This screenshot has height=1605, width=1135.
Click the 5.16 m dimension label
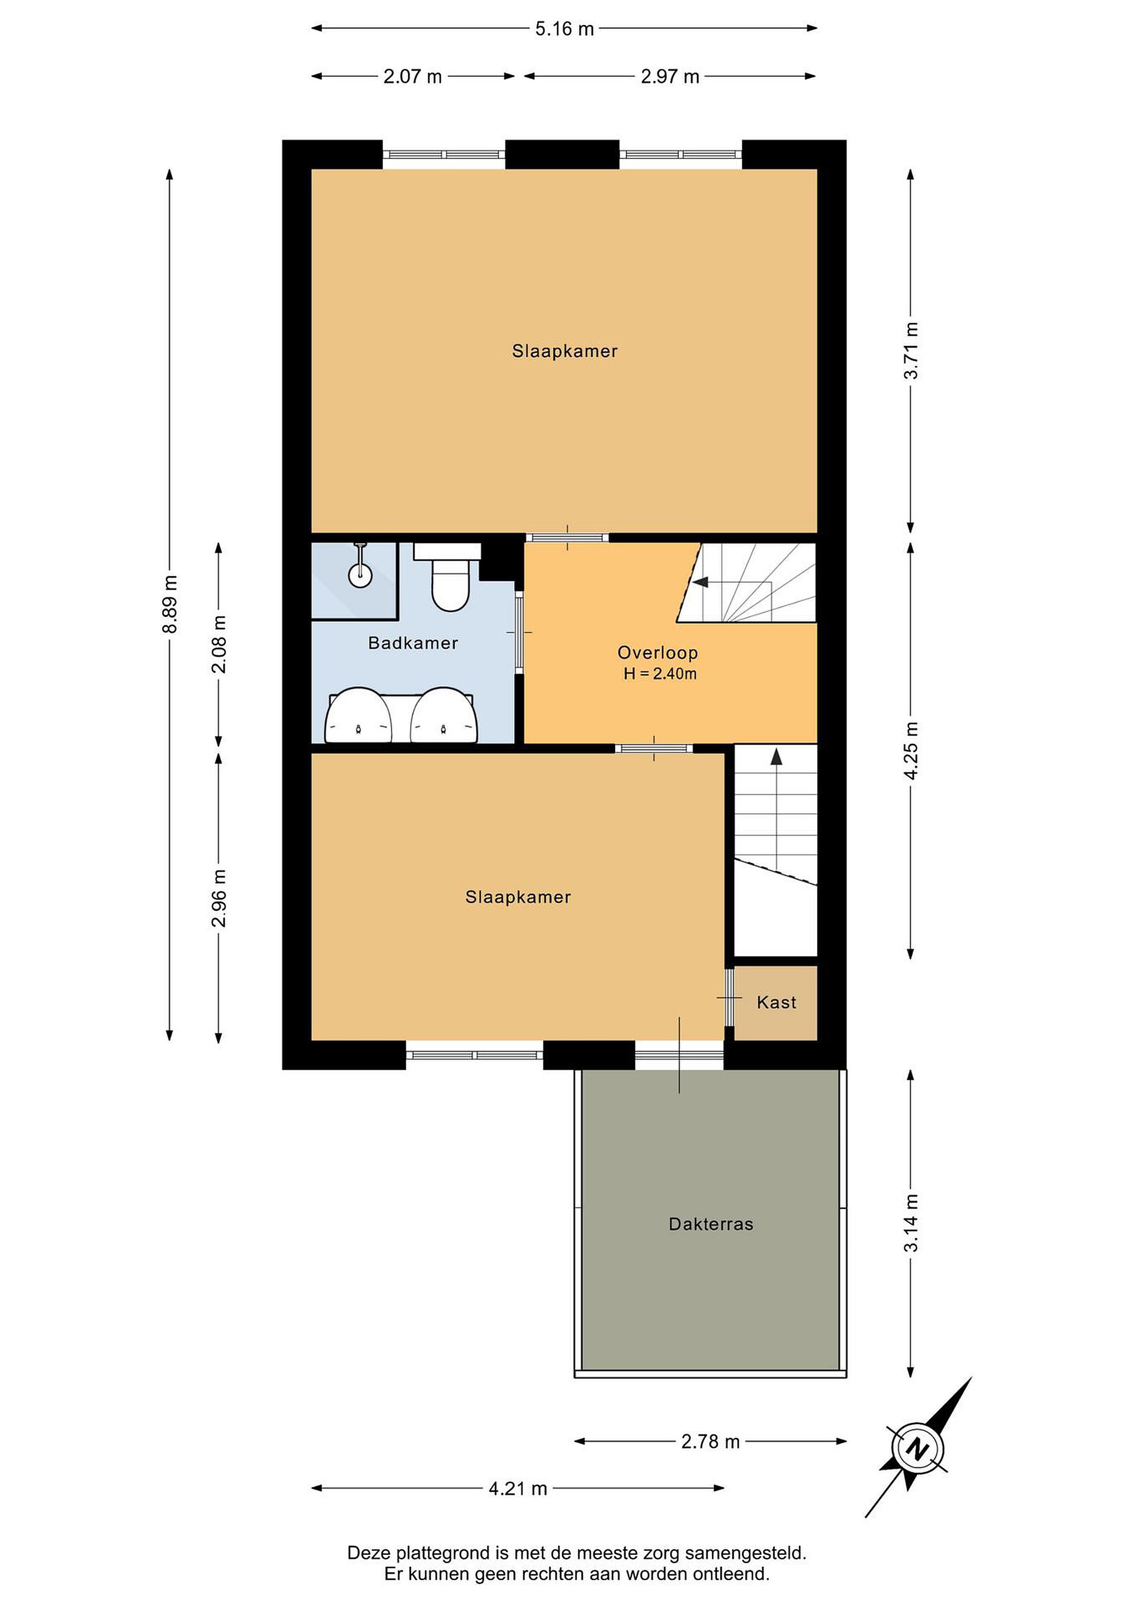[564, 28]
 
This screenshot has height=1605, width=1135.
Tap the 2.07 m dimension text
[412, 76]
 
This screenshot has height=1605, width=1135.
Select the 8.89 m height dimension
[170, 604]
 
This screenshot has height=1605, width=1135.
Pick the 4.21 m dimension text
[517, 1489]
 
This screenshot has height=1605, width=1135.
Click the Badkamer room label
[413, 643]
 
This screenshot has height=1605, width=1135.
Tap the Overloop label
[657, 653]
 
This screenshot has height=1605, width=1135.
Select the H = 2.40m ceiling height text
[660, 674]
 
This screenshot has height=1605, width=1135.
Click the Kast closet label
[777, 1003]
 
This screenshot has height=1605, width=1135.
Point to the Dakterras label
[711, 1224]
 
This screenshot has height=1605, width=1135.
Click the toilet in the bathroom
[448, 577]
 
